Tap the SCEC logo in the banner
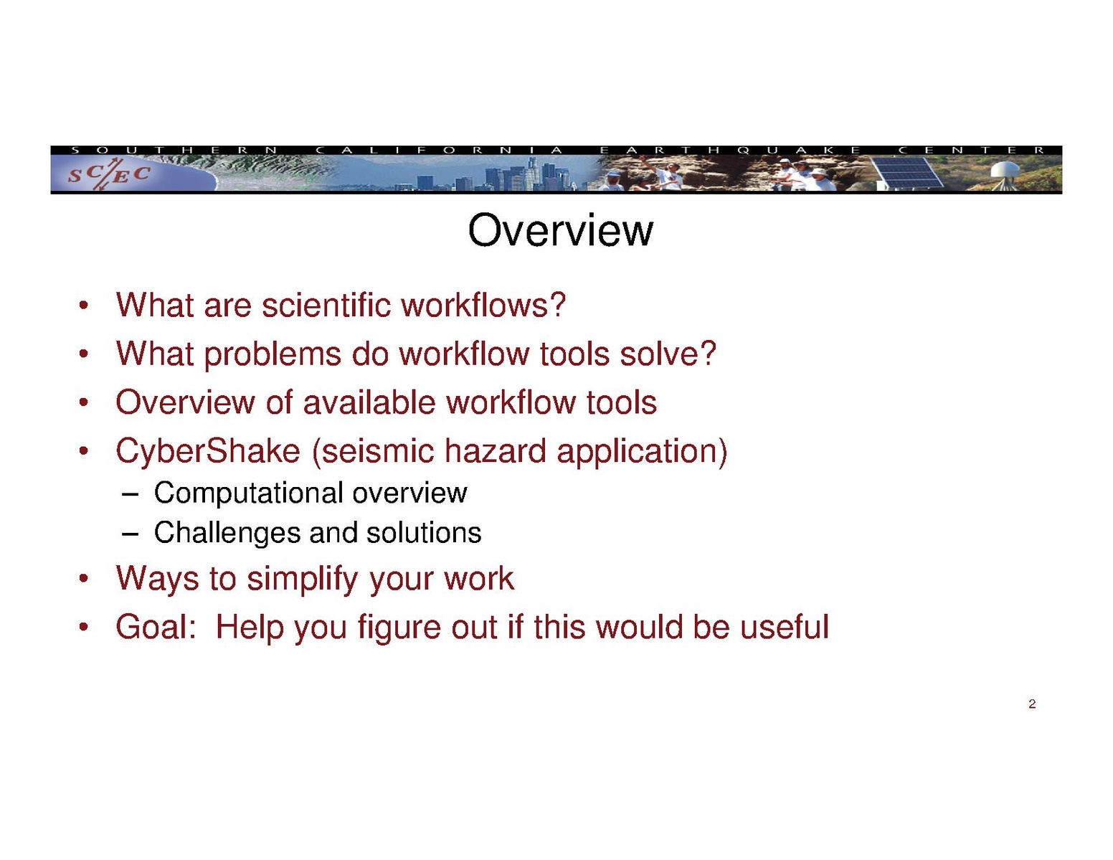pyautogui.click(x=109, y=174)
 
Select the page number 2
pyautogui.click(x=1031, y=704)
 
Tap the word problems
pyautogui.click(x=273, y=354)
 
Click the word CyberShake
pyautogui.click(x=208, y=450)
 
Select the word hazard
pyautogui.click(x=496, y=450)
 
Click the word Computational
pyautogui.click(x=248, y=493)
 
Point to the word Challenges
pyautogui.click(x=227, y=532)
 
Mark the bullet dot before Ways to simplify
pyautogui.click(x=83, y=579)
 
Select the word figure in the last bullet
pyautogui.click(x=399, y=628)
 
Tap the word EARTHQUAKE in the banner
pyautogui.click(x=729, y=150)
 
